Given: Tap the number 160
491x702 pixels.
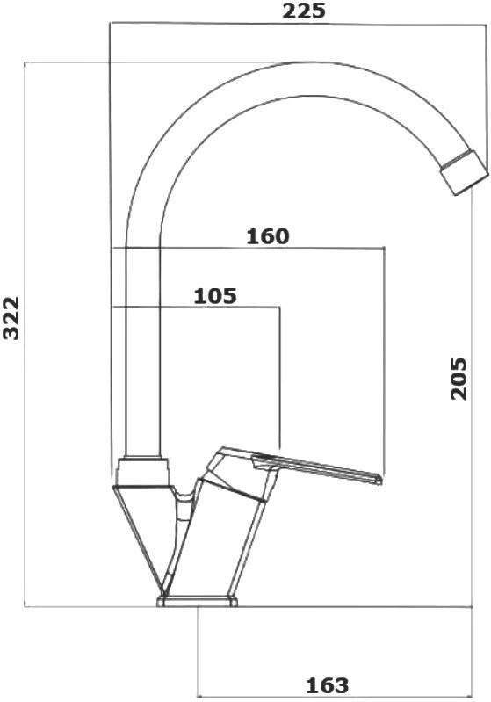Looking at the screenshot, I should click(268, 236).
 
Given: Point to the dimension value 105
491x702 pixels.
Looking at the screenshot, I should click(215, 295).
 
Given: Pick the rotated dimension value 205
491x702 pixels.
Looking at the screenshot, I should click(458, 379).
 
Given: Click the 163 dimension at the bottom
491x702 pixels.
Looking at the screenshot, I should click(327, 684).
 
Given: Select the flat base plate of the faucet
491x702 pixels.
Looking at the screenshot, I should click(198, 602).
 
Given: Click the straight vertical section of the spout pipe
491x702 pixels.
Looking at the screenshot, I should click(142, 351).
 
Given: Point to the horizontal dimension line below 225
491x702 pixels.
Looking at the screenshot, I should click(299, 24).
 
